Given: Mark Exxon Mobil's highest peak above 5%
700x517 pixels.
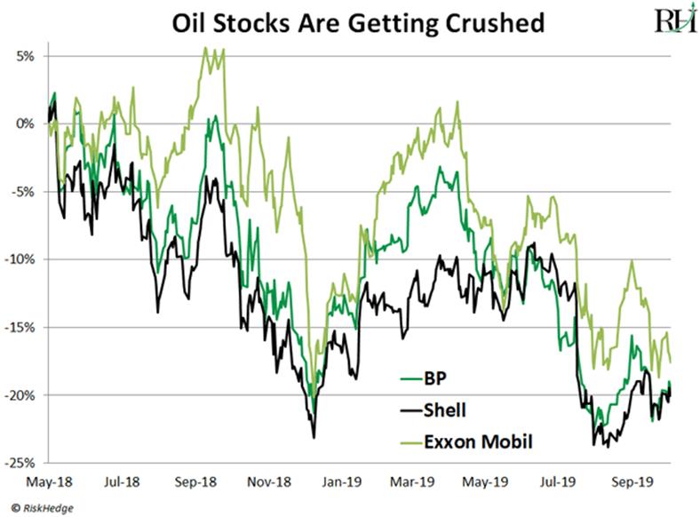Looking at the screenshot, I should click(206, 49).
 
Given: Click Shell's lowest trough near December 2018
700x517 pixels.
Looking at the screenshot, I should click(314, 437).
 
